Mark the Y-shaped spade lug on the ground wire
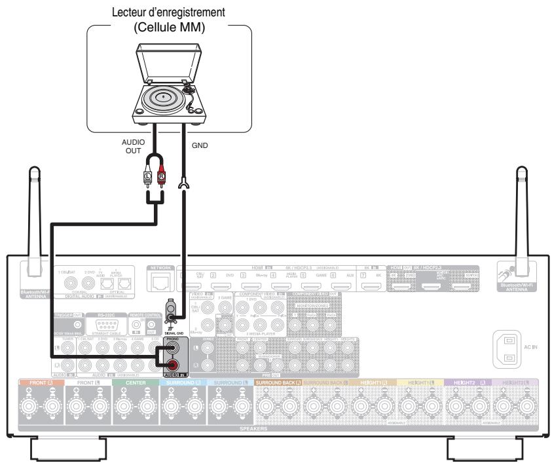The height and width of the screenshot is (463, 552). click(182, 188)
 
